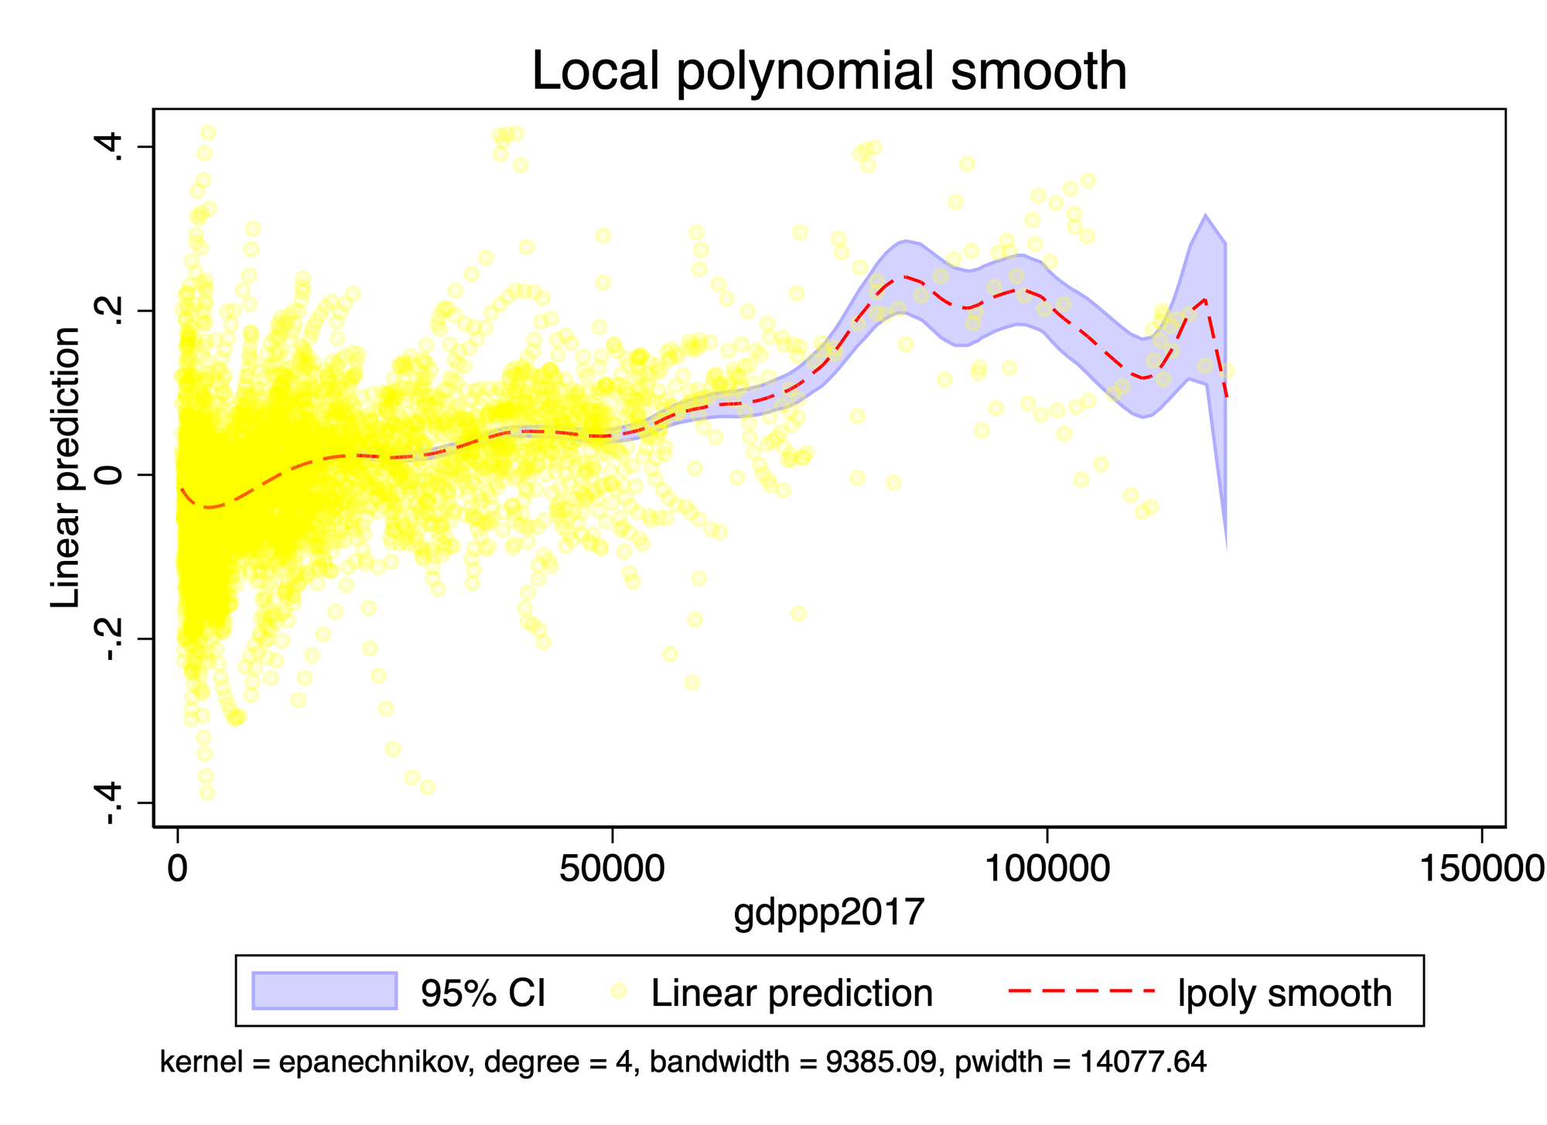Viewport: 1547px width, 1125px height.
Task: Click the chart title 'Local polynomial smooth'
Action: pos(828,71)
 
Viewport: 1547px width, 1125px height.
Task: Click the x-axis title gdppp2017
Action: pos(828,912)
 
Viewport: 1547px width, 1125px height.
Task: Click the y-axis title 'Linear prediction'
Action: pos(65,467)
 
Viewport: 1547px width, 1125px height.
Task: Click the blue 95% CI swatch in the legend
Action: pos(324,991)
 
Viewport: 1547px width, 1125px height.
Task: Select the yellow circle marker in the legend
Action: pos(619,990)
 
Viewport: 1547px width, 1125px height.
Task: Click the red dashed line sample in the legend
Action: pos(1081,990)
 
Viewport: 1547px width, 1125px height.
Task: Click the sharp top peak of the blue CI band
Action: pos(1205,215)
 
